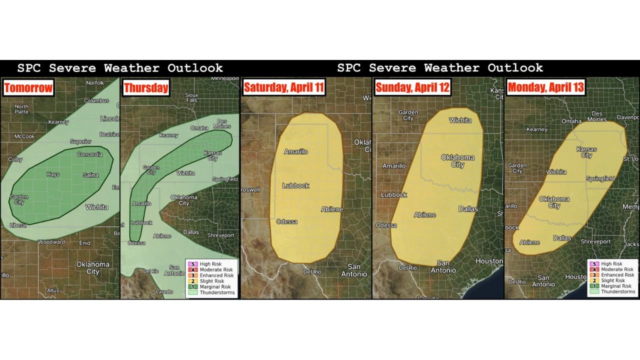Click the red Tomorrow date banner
pos(28,88)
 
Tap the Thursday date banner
pos(146,88)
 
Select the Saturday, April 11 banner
pos(283,87)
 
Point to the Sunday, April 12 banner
pos(412,87)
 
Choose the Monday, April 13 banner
pos(545,87)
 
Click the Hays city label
pos(52,174)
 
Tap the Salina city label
pos(90,175)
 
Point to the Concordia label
pos(89,154)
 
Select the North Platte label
pos(21,109)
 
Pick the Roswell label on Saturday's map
pos(250,190)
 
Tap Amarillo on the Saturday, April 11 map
pos(296,151)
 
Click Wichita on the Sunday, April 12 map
pos(460,120)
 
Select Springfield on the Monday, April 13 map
pos(600,178)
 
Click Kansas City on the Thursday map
pos(212,155)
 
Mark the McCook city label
pos(24,136)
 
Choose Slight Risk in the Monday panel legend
pos(612,280)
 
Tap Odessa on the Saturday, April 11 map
pos(286,221)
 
